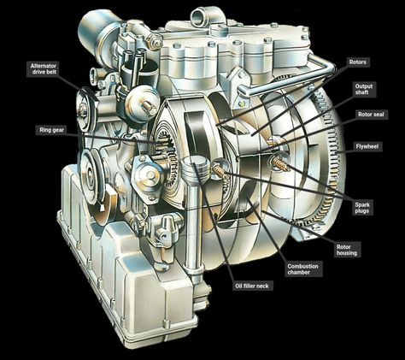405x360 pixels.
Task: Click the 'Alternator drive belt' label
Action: tap(44, 69)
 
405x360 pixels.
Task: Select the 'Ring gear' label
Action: tap(51, 130)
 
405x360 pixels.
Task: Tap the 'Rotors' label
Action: tap(358, 62)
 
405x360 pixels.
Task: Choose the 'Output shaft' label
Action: tap(364, 89)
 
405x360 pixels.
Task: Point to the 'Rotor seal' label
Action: tap(371, 115)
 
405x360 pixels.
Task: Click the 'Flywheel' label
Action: tap(367, 146)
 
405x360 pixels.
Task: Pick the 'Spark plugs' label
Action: tap(362, 208)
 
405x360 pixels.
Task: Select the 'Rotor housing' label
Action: tap(347, 250)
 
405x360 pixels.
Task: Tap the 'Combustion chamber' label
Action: tap(302, 269)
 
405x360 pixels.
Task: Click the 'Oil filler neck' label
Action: tap(252, 286)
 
